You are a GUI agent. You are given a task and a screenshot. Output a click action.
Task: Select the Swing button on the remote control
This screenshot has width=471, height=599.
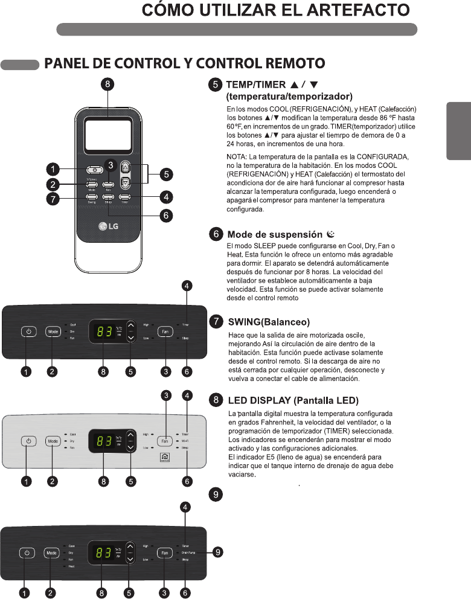point(91,197)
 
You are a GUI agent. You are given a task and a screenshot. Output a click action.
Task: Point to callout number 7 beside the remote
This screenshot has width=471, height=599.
point(54,200)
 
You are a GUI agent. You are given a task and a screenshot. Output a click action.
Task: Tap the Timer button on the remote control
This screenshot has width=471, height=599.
point(125,197)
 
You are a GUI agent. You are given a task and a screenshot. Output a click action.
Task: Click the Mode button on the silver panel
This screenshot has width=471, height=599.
point(53,441)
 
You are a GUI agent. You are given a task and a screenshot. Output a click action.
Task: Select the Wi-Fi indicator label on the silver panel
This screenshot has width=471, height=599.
point(184,441)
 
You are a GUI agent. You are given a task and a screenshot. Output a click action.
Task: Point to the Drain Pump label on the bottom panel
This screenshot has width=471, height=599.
point(188,553)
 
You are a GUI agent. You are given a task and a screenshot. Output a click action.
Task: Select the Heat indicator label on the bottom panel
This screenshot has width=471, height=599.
point(71,567)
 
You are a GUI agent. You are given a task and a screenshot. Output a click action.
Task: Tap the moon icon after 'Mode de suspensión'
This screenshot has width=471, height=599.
point(330,234)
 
